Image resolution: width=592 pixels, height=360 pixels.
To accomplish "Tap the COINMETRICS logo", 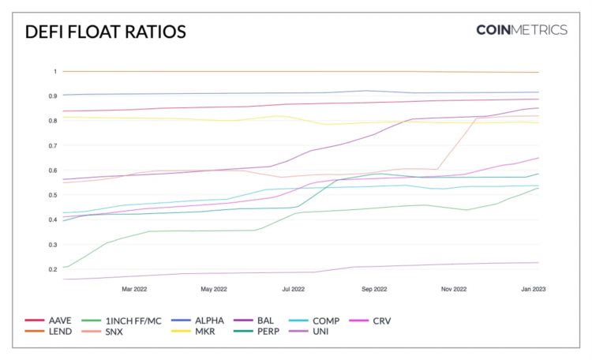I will [x=521, y=30].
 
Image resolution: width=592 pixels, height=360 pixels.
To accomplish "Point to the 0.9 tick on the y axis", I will [x=54, y=96].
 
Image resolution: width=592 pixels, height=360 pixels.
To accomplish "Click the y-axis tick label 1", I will [x=55, y=72].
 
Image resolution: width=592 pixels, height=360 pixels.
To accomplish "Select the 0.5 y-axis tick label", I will [x=54, y=195].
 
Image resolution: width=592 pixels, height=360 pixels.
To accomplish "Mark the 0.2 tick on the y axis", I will [x=54, y=269].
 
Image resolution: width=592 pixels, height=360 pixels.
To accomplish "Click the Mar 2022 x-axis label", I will [x=134, y=289].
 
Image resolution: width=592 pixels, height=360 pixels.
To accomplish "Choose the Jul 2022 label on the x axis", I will [x=293, y=289].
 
